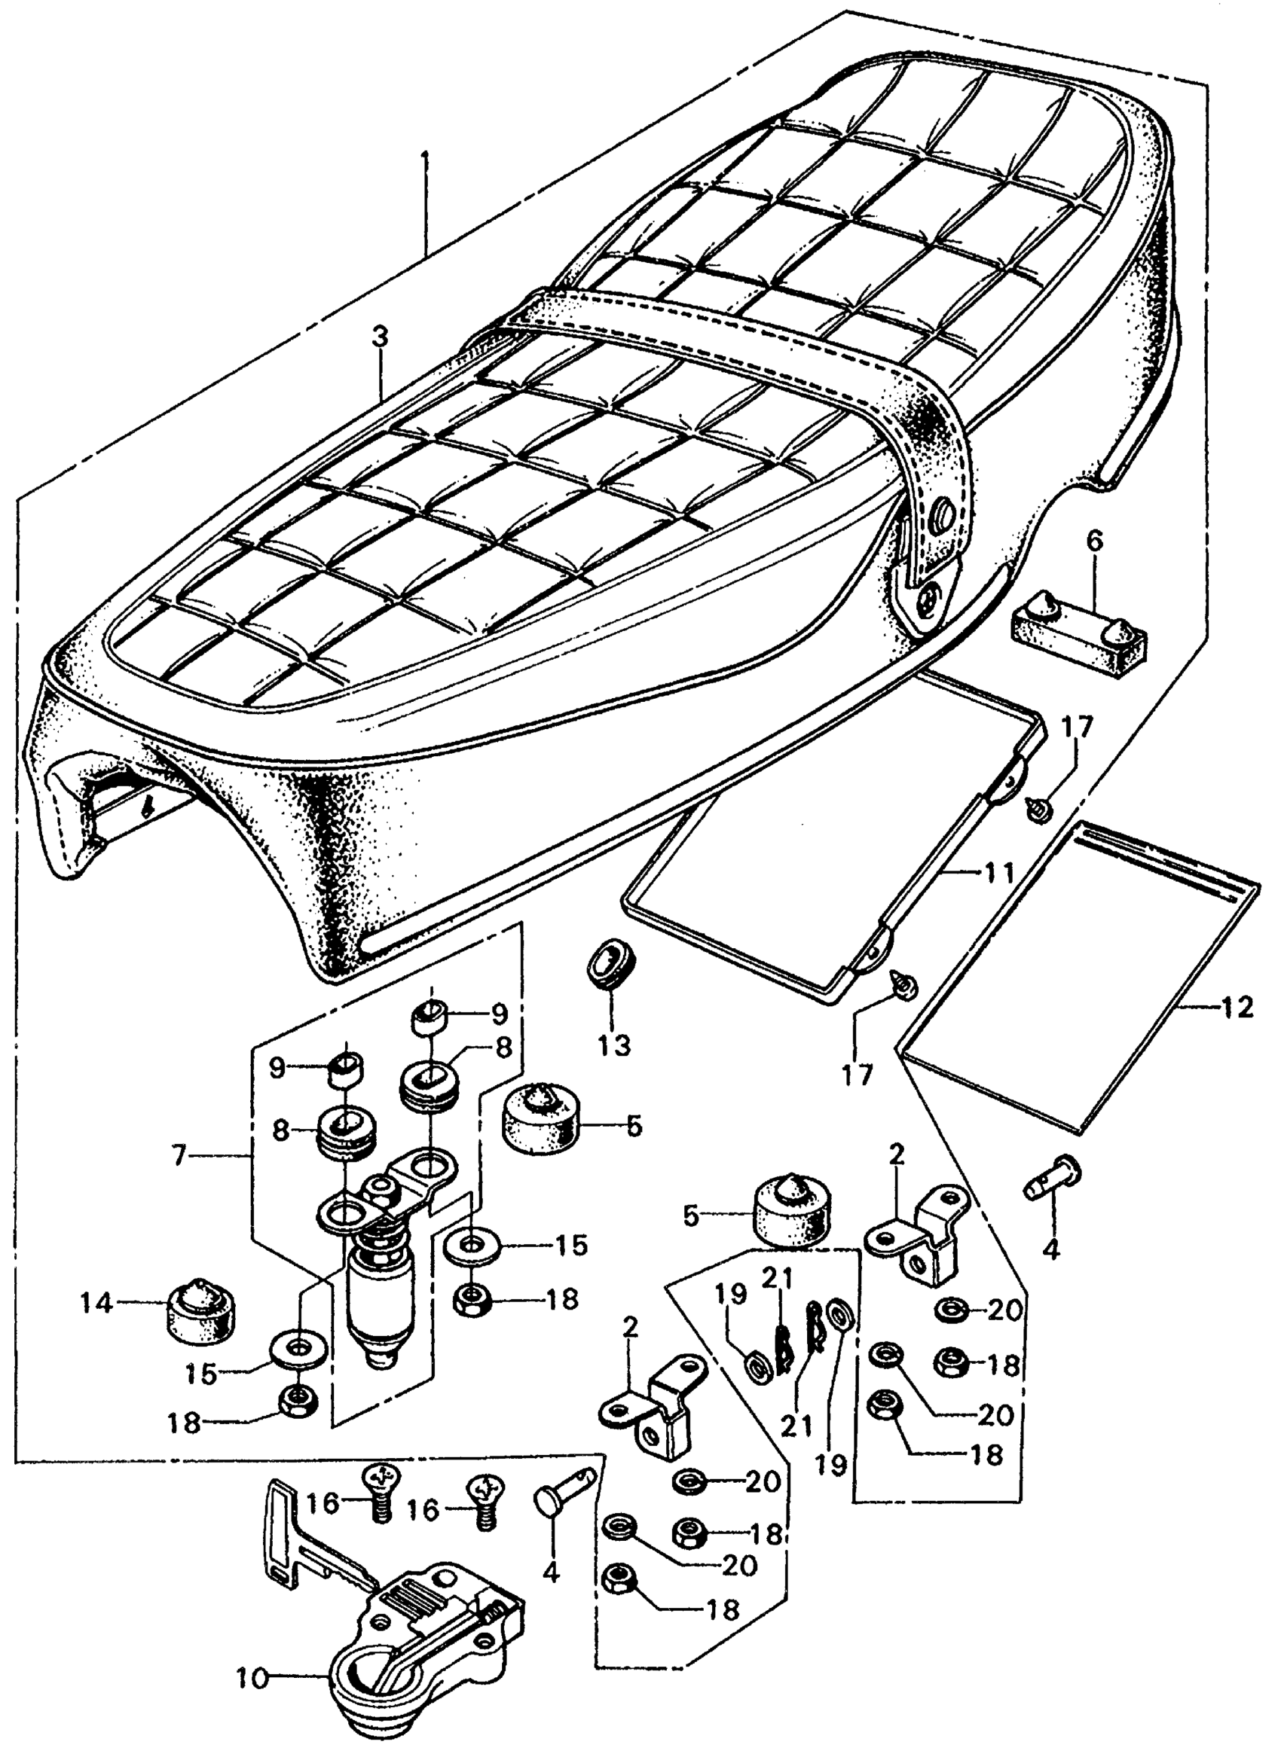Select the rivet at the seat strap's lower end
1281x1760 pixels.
pyautogui.click(x=929, y=596)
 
